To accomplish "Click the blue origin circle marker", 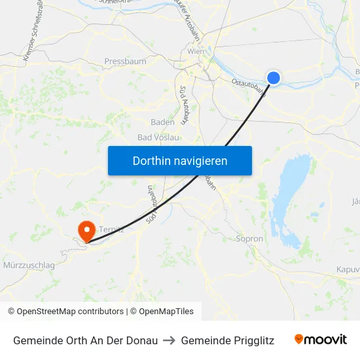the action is tap(274, 78).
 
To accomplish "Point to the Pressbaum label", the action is tap(125, 62).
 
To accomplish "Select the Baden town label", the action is tap(162, 122).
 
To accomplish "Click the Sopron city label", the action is tap(249, 239).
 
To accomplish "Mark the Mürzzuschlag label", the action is tap(29, 266).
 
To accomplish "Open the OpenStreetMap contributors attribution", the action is tap(65, 312).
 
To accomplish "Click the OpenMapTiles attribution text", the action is tap(164, 312).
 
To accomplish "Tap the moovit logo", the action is tap(321, 340).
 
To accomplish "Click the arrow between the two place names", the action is tap(170, 340).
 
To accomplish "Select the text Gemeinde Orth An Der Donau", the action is tap(85, 340).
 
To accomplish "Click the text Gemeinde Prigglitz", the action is tap(227, 340).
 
